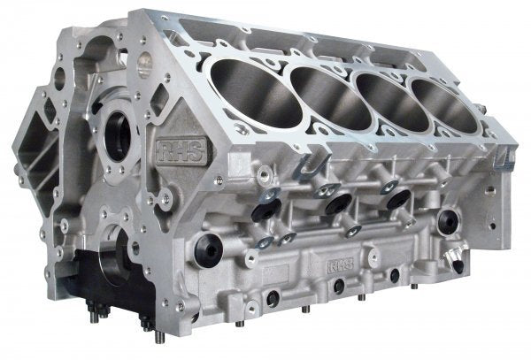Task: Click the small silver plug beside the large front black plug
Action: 263,241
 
